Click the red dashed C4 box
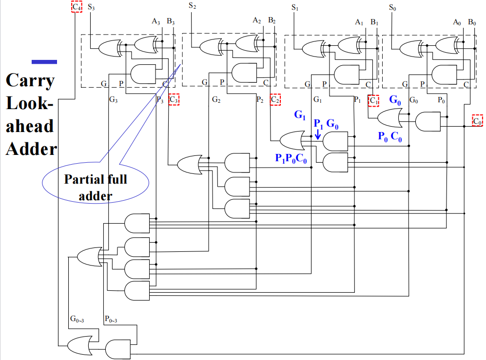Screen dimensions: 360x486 click(x=76, y=7)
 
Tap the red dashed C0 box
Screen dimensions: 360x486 click(x=477, y=120)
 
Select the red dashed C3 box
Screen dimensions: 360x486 click(x=174, y=100)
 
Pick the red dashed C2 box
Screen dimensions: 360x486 click(x=275, y=99)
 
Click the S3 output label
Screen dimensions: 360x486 click(x=91, y=7)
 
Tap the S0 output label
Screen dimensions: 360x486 click(x=392, y=7)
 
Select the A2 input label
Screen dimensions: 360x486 click(x=257, y=20)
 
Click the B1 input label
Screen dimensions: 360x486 click(x=374, y=22)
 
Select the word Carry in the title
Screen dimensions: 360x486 click(x=30, y=80)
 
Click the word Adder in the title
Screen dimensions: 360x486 click(x=31, y=148)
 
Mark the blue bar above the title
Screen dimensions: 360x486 click(x=44, y=62)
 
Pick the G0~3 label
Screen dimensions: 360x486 click(x=77, y=319)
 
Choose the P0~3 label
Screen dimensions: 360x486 click(x=112, y=319)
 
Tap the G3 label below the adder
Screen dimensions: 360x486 click(x=113, y=100)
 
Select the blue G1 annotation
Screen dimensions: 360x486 click(x=299, y=115)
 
